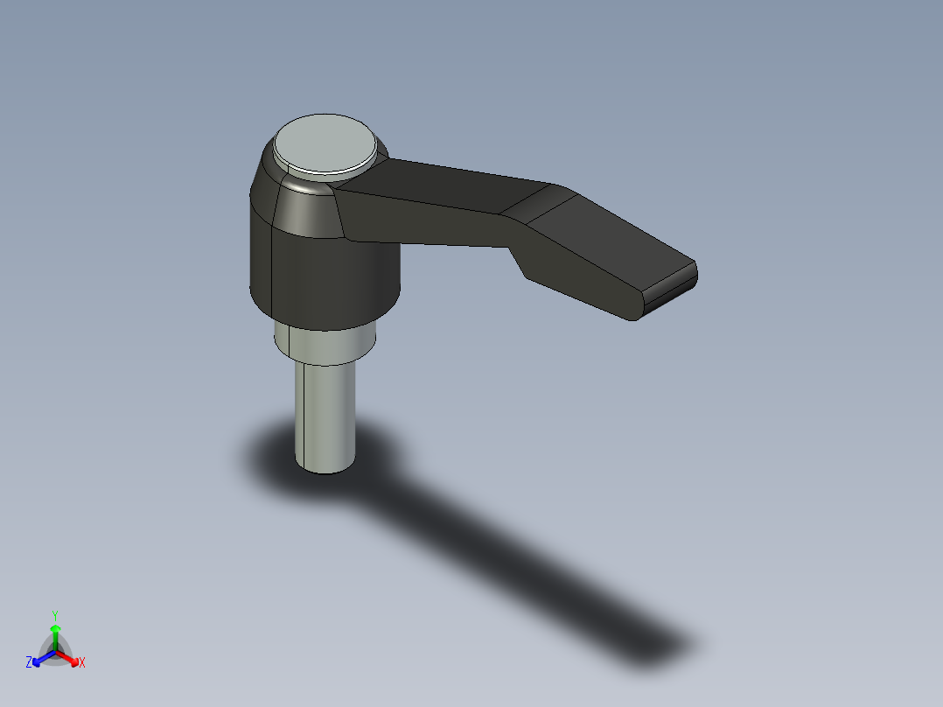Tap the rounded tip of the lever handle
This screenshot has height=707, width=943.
672,285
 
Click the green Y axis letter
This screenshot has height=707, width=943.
55,614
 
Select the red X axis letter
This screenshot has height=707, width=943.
82,663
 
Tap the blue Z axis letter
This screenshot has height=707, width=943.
29,662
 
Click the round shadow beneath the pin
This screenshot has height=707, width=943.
262,455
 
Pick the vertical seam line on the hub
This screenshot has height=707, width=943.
274,271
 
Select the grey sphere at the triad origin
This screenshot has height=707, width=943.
55,652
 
